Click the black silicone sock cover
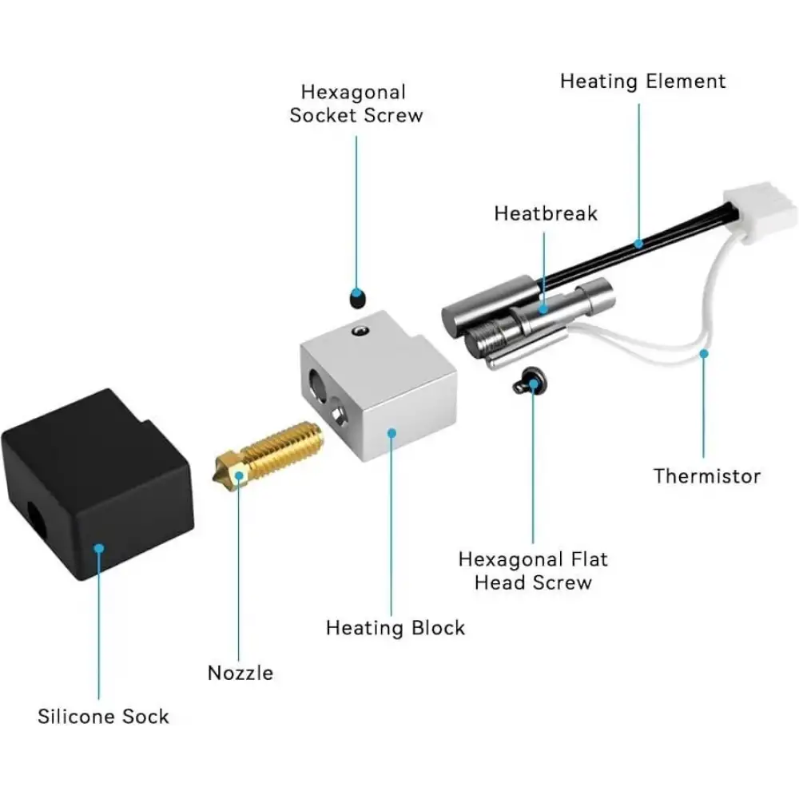(x=97, y=484)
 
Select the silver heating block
(x=379, y=386)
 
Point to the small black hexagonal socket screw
(x=358, y=298)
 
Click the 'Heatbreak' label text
(x=546, y=213)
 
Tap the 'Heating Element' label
(x=642, y=81)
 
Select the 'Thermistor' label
(x=707, y=476)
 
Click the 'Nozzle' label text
(x=240, y=673)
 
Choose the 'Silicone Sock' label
(x=103, y=717)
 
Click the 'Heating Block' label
(x=396, y=628)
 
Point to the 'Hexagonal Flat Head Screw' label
(x=533, y=570)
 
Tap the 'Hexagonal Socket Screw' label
(x=356, y=103)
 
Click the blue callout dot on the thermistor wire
(x=704, y=353)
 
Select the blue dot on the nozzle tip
(x=238, y=476)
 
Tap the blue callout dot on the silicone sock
(x=99, y=548)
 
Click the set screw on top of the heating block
(x=360, y=332)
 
